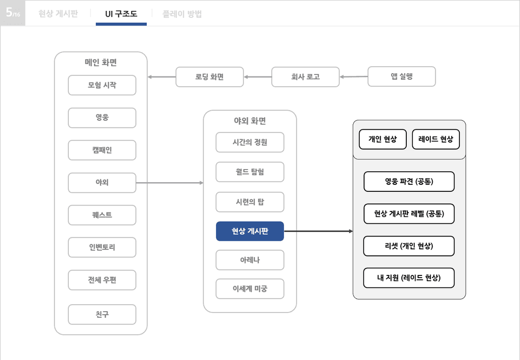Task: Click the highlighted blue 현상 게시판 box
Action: click(250, 231)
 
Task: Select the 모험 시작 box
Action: click(102, 85)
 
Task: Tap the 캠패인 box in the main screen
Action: click(102, 150)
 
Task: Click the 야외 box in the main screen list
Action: click(102, 183)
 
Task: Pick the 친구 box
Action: click(102, 314)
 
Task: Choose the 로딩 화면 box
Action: click(210, 77)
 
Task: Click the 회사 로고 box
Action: click(305, 77)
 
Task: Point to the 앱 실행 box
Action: click(401, 76)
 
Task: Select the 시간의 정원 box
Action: click(250, 143)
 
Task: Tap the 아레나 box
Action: click(250, 260)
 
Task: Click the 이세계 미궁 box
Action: click(250, 288)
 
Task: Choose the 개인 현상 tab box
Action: click(383, 139)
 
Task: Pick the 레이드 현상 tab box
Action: click(435, 139)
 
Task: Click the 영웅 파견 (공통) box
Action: click(409, 182)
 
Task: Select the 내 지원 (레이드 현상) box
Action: click(409, 278)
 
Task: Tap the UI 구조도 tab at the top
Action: click(121, 14)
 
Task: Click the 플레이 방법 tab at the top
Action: click(182, 14)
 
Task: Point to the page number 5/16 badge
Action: click(13, 12)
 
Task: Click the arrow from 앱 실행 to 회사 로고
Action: click(354, 76)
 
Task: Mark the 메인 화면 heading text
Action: click(101, 62)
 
